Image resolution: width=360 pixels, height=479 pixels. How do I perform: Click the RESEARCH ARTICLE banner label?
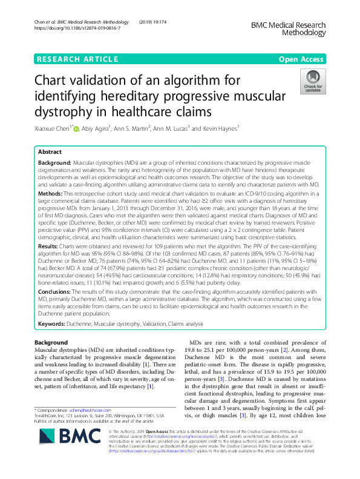point(77,59)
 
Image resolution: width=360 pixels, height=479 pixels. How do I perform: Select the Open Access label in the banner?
point(301,59)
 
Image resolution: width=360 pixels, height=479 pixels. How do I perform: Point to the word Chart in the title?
point(56,81)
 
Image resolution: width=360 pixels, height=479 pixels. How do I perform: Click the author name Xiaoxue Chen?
point(53,128)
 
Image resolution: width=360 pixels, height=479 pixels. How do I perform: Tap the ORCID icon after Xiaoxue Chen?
point(77,128)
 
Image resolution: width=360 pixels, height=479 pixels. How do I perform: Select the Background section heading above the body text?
point(51,343)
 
